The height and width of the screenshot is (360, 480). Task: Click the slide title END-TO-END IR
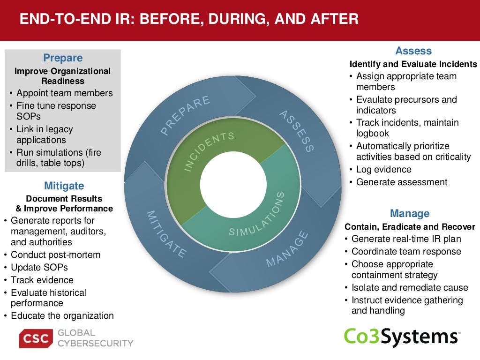188,19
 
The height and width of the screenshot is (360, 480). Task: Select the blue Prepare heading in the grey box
63,58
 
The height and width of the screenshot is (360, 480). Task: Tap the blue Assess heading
413,51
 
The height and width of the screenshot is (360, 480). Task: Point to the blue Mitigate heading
64,186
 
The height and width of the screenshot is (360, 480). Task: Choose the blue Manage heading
410,214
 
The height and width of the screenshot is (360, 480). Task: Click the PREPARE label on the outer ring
186,115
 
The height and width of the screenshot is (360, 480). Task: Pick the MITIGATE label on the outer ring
166,234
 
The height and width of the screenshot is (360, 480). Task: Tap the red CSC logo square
36,338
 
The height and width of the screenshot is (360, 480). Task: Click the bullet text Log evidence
383,169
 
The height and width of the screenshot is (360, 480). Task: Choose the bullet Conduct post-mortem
55,255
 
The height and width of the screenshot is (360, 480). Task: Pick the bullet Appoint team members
64,93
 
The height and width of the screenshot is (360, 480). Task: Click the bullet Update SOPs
39,267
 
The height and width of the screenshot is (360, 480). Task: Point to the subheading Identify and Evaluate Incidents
413,64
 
